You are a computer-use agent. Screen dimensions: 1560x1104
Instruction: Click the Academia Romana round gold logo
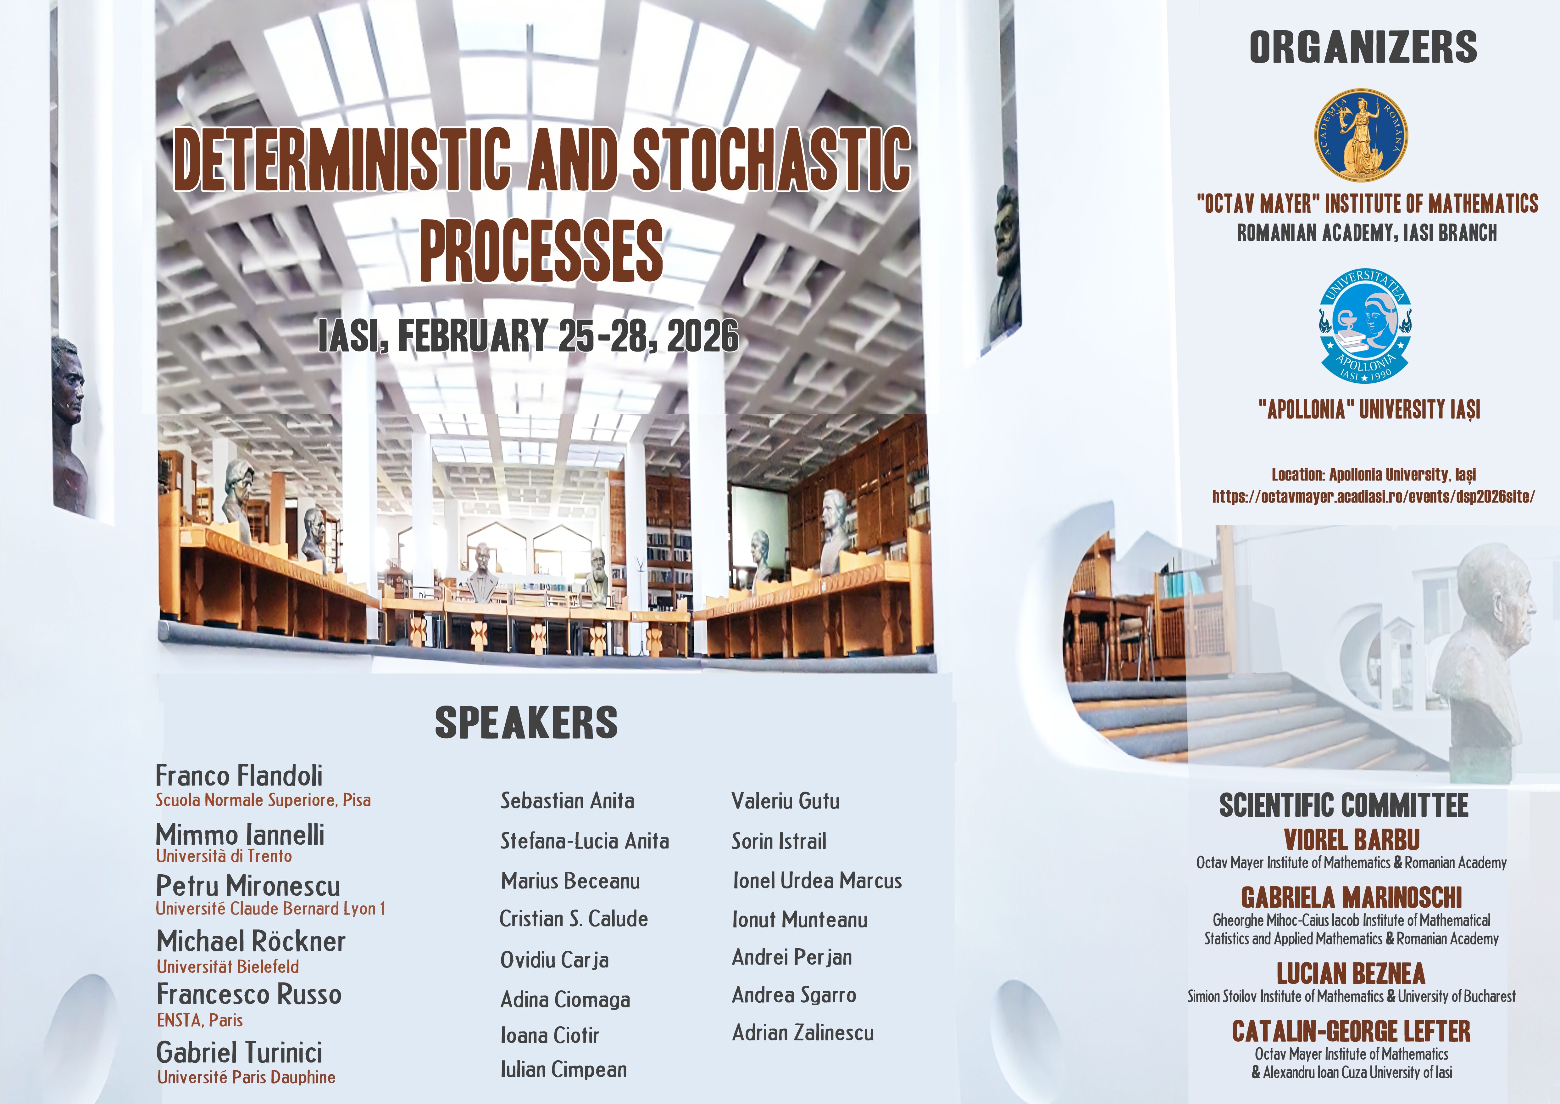coord(1361,135)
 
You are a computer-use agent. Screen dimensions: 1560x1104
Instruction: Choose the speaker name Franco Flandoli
coord(239,776)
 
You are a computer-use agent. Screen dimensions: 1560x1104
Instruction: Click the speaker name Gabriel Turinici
coord(239,1052)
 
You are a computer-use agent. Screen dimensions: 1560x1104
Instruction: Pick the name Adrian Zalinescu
coord(803,1033)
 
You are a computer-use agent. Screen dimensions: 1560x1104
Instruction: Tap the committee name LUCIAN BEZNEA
coord(1351,973)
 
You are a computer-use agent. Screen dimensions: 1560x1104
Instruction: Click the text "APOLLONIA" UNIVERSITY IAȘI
coord(1368,409)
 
